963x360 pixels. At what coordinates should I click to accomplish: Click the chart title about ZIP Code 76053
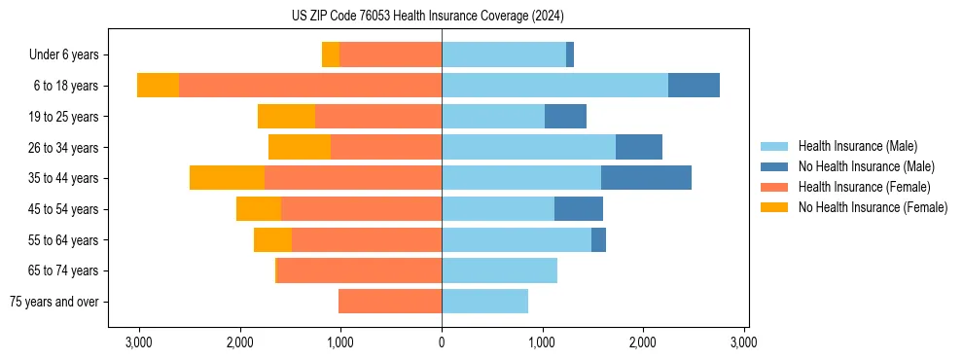tap(427, 16)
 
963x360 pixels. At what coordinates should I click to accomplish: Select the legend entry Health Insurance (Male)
tap(857, 146)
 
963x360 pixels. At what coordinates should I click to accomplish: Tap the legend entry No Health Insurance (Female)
tap(873, 207)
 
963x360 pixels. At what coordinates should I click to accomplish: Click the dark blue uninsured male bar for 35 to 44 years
tap(646, 178)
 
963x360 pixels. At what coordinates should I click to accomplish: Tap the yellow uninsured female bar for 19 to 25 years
tap(286, 117)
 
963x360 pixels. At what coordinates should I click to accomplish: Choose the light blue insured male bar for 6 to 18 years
tap(554, 86)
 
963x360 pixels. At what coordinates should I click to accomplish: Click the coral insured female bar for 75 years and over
tap(389, 302)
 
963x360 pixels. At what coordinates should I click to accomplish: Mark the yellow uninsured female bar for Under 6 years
tap(331, 55)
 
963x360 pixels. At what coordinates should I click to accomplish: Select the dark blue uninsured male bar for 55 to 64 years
tap(598, 239)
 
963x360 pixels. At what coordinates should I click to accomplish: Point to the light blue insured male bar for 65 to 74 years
tap(499, 270)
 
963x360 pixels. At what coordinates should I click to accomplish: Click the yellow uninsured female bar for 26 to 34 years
tap(300, 147)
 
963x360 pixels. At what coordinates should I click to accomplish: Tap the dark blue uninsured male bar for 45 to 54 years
tap(579, 209)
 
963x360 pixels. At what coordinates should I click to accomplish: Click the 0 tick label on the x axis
tap(442, 342)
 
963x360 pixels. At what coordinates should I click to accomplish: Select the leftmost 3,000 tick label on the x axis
tap(139, 342)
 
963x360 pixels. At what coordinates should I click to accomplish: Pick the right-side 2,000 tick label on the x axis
tap(643, 342)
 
